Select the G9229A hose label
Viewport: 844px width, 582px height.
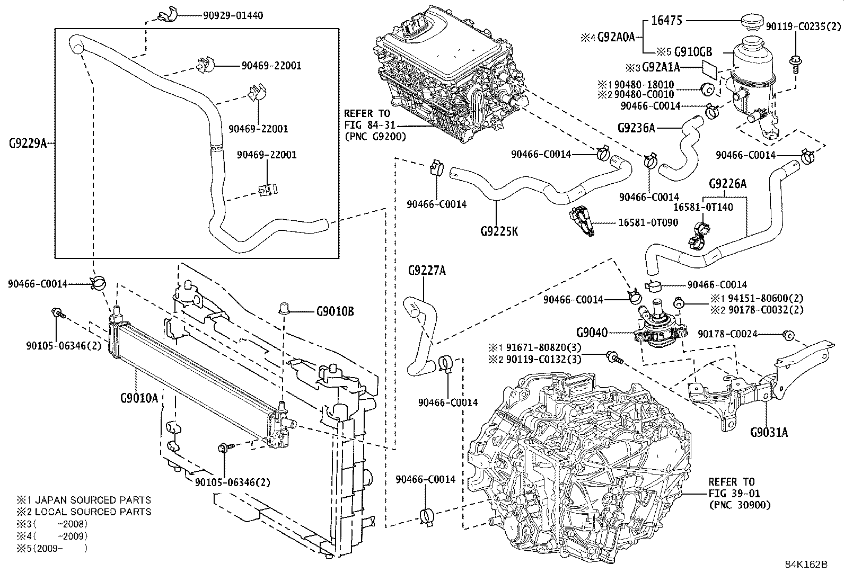pos(28,143)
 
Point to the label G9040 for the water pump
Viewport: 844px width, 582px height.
pos(592,333)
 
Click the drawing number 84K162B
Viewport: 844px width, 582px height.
pos(806,565)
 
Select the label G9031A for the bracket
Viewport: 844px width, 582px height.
pos(769,433)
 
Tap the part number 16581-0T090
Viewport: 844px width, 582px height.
pos(648,223)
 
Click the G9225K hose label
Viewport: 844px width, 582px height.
pos(499,231)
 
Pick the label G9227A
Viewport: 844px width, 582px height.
pos(427,271)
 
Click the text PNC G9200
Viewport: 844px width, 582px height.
pos(375,136)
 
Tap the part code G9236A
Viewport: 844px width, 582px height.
pos(636,128)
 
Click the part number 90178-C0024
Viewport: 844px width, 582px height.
pos(727,334)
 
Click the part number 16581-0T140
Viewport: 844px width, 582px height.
pos(703,207)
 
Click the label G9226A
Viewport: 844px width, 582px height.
pos(727,184)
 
